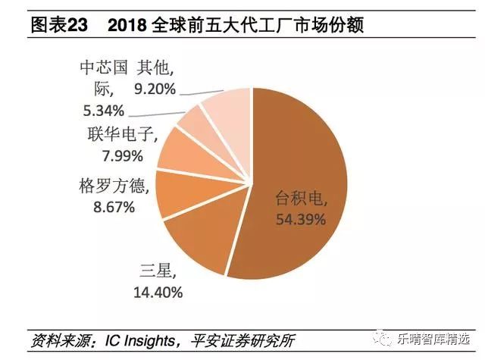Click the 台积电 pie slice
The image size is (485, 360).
[x=303, y=174]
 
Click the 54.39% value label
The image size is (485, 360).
[x=299, y=220]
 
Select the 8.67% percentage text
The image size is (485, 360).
[x=107, y=205]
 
